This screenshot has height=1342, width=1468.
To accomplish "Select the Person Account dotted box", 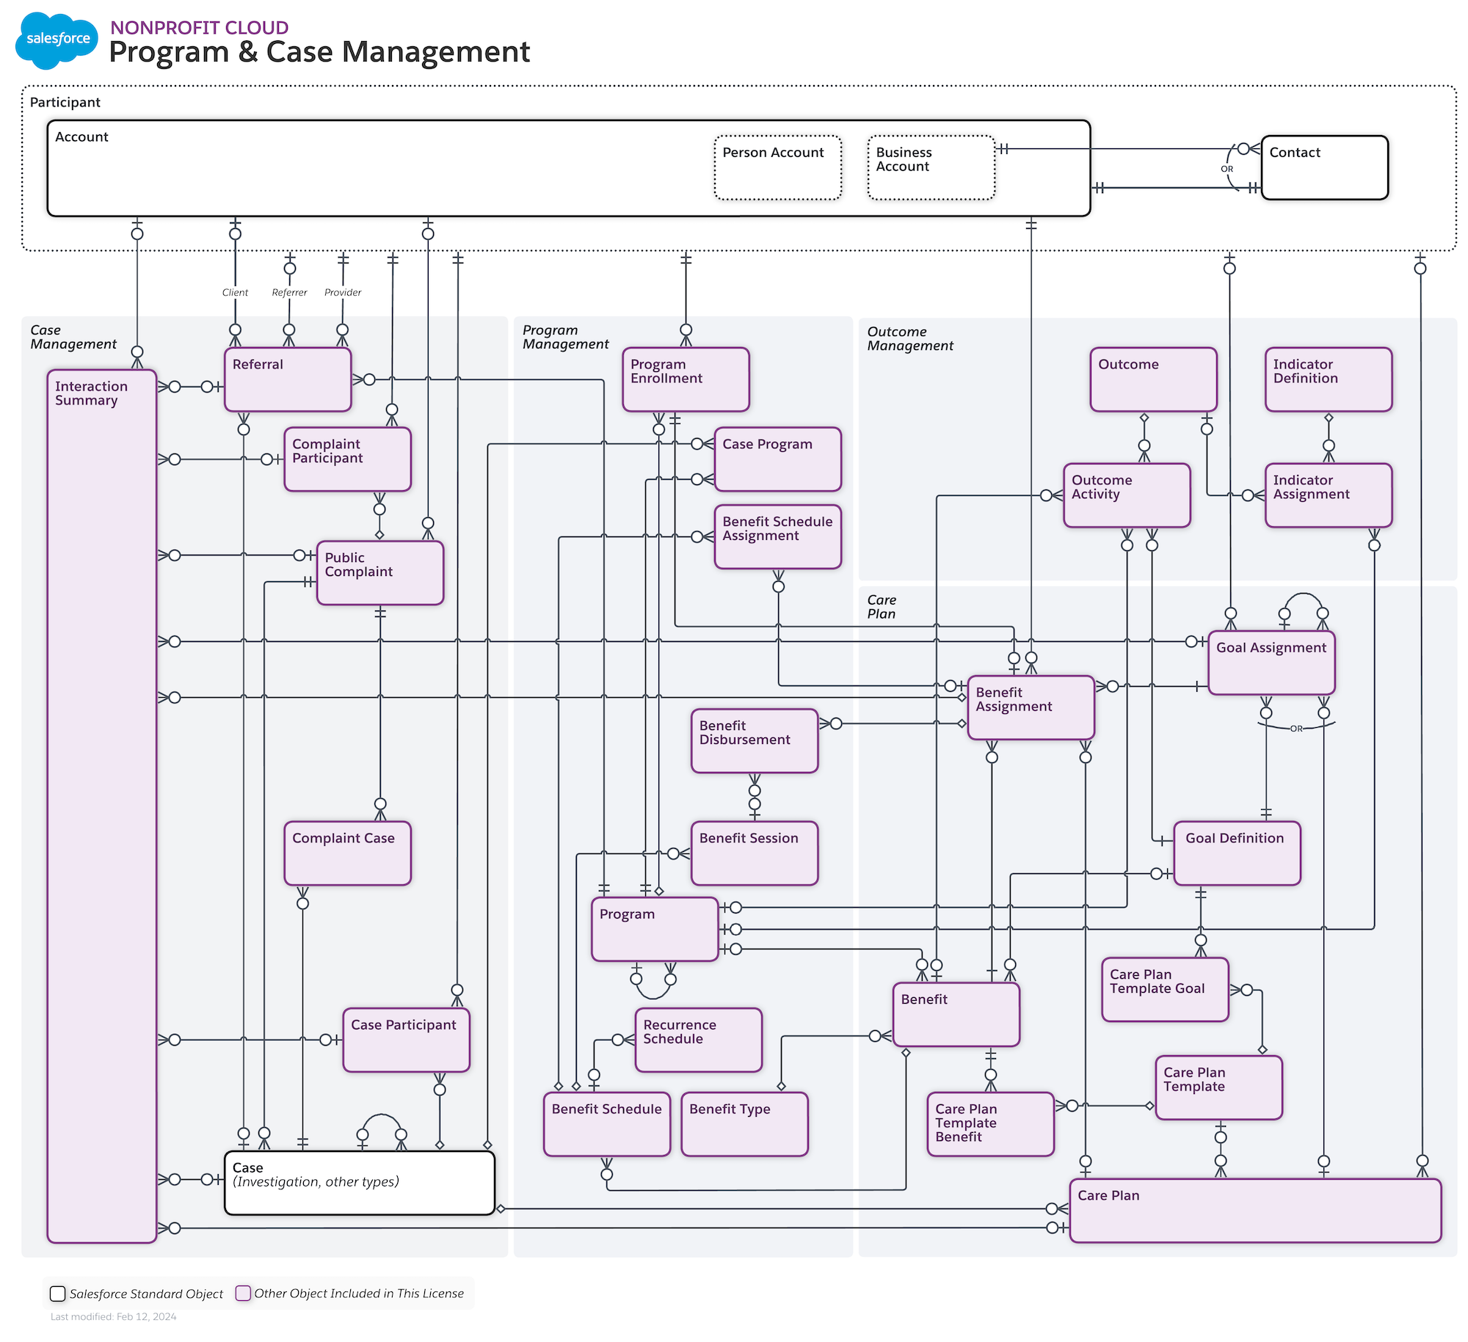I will point(777,167).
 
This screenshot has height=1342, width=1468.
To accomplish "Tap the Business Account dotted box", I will point(931,167).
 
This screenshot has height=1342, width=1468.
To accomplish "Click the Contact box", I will point(1323,167).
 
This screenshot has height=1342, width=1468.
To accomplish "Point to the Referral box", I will point(287,379).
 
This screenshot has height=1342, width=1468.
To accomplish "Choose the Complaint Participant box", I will point(347,459).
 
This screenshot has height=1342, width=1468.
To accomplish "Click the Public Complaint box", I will point(379,573).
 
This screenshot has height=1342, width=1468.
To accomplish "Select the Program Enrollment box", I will point(685,379).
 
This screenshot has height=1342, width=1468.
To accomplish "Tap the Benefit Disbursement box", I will point(754,740).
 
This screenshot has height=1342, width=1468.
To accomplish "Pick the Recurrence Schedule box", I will point(698,1039).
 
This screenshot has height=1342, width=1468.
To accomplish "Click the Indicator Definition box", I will point(1328,379).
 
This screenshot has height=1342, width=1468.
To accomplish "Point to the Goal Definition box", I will point(1236,853).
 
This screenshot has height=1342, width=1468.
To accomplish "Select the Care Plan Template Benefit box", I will point(989,1123).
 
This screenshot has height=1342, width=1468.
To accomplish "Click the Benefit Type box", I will point(744,1123).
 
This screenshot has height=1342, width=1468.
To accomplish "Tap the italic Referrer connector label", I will point(289,292).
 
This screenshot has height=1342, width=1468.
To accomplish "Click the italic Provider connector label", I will point(343,292).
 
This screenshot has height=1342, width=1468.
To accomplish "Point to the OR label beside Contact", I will point(1227,169).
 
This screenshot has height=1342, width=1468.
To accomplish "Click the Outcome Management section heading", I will point(909,338).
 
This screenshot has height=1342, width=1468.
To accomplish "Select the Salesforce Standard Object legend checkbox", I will point(57,1294).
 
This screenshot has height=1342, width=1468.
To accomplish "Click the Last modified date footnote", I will point(113,1316).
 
